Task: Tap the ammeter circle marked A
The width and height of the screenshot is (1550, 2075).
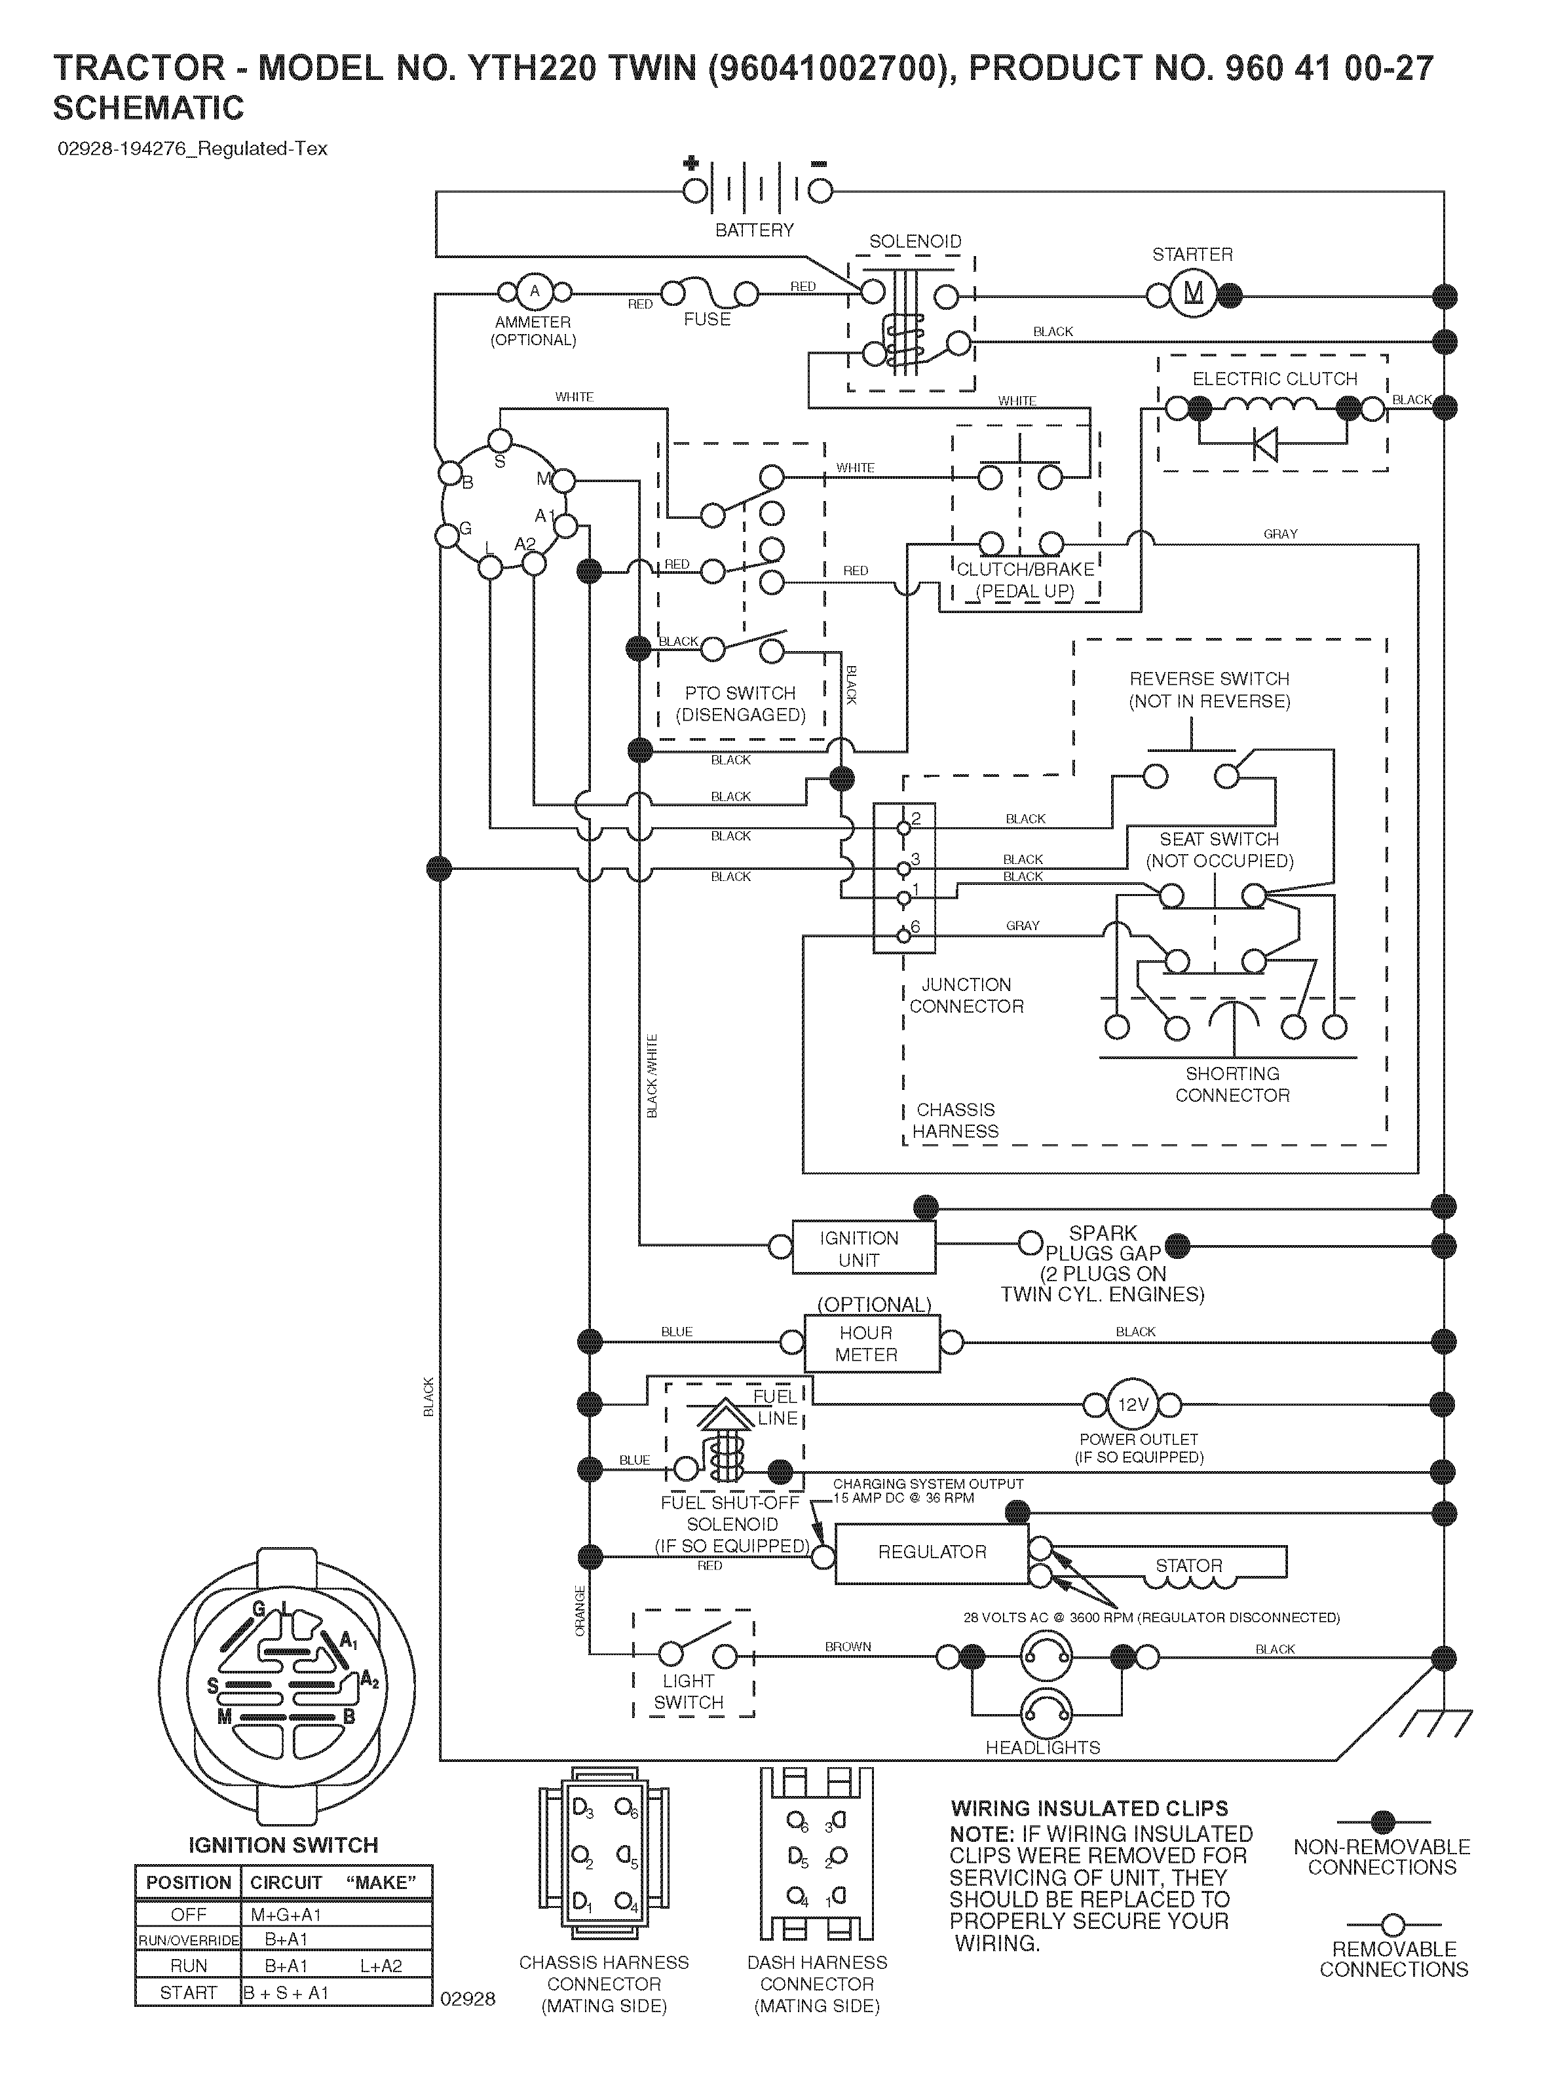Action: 535,291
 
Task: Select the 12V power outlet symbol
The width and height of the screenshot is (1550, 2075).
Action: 1133,1404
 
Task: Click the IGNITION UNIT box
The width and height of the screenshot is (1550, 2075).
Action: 863,1248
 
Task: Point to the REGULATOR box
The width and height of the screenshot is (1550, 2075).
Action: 931,1552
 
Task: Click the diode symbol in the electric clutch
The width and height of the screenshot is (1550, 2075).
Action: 1266,443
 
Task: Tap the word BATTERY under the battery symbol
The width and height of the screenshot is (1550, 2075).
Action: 754,230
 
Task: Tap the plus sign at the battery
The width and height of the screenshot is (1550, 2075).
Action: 692,163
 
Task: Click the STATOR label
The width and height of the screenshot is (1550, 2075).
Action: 1189,1565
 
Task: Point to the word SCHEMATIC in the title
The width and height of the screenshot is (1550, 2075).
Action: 148,109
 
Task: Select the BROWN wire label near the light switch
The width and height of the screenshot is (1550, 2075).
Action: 848,1646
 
